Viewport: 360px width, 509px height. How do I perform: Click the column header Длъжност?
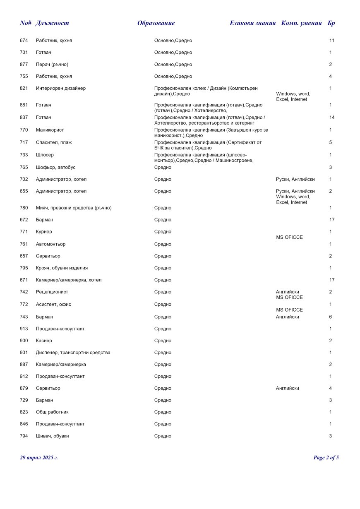point(52,23)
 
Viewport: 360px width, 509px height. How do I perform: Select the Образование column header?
point(156,23)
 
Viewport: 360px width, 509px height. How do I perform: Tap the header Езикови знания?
point(252,23)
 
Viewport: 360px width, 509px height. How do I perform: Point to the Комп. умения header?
point(301,23)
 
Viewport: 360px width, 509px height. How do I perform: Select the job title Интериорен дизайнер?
point(61,88)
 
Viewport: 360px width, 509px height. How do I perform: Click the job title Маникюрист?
point(50,130)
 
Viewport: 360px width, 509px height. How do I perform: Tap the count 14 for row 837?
point(331,118)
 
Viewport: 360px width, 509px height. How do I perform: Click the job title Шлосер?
point(45,155)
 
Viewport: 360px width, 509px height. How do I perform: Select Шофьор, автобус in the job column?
point(55,167)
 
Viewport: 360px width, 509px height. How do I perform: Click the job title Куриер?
point(44,232)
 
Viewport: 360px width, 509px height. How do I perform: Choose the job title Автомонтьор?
point(50,244)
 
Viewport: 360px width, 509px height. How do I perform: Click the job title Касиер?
point(44,341)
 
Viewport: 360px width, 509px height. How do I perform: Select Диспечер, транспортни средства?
point(73,353)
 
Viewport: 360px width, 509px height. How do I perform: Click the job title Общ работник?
point(52,412)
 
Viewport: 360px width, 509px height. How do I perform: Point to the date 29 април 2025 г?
point(39,458)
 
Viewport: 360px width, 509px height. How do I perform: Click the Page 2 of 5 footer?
point(326,458)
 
